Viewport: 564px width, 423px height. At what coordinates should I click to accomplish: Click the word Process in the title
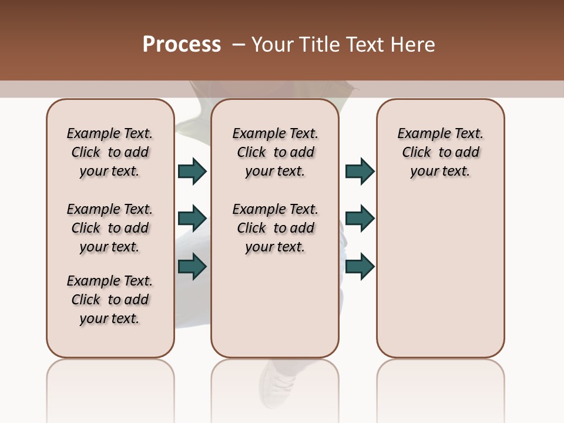(182, 45)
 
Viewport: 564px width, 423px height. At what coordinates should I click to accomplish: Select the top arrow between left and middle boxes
(192, 171)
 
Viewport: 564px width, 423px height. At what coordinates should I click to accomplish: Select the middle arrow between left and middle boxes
(192, 219)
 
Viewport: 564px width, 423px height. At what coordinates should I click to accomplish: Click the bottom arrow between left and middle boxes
(192, 267)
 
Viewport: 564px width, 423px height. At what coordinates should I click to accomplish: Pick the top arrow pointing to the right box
(360, 171)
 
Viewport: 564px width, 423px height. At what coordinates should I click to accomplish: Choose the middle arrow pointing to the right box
(360, 219)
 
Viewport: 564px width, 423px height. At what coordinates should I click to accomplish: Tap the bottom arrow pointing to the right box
(360, 267)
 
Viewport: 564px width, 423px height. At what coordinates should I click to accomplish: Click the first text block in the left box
(110, 152)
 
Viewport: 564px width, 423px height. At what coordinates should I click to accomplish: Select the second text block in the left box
(110, 228)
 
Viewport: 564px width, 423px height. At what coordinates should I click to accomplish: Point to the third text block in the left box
(110, 300)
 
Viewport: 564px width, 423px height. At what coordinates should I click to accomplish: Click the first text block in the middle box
(275, 152)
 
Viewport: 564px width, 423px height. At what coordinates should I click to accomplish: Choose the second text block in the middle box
(275, 228)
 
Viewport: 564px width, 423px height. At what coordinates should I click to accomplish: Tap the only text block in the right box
(440, 152)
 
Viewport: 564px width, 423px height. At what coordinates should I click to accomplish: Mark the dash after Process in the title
(238, 45)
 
